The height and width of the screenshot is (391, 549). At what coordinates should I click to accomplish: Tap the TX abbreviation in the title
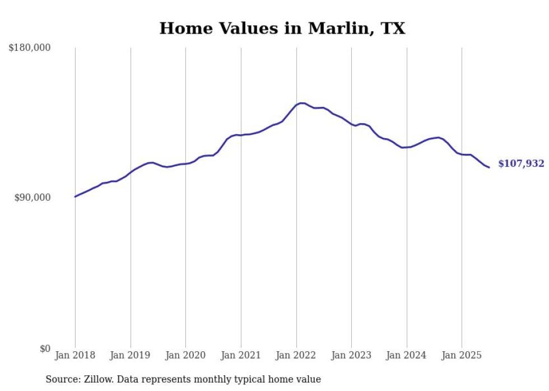point(393,29)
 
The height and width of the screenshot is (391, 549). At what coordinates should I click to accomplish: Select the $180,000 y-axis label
point(29,48)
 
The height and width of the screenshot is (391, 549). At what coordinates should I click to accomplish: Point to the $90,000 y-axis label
point(32,197)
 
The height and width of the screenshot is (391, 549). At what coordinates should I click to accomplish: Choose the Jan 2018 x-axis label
point(75,355)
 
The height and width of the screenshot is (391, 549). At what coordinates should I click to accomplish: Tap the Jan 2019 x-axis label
point(131,355)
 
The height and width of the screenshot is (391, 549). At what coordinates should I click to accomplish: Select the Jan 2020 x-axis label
point(185,355)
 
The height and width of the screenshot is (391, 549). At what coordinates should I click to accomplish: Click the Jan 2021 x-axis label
point(241,355)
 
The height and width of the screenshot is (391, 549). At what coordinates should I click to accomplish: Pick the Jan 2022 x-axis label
point(296,355)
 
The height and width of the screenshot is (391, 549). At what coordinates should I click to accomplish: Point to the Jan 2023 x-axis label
point(351,355)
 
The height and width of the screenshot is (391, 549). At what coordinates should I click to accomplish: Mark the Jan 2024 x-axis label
point(407,355)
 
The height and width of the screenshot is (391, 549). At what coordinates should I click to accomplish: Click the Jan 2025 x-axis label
point(462,355)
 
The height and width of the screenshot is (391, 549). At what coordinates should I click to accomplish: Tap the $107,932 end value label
point(521,164)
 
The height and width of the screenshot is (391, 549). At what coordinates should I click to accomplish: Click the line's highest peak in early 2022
point(301,103)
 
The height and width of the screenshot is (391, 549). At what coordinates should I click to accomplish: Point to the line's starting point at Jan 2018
point(75,196)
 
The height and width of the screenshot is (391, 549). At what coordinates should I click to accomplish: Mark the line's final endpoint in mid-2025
point(489,167)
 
